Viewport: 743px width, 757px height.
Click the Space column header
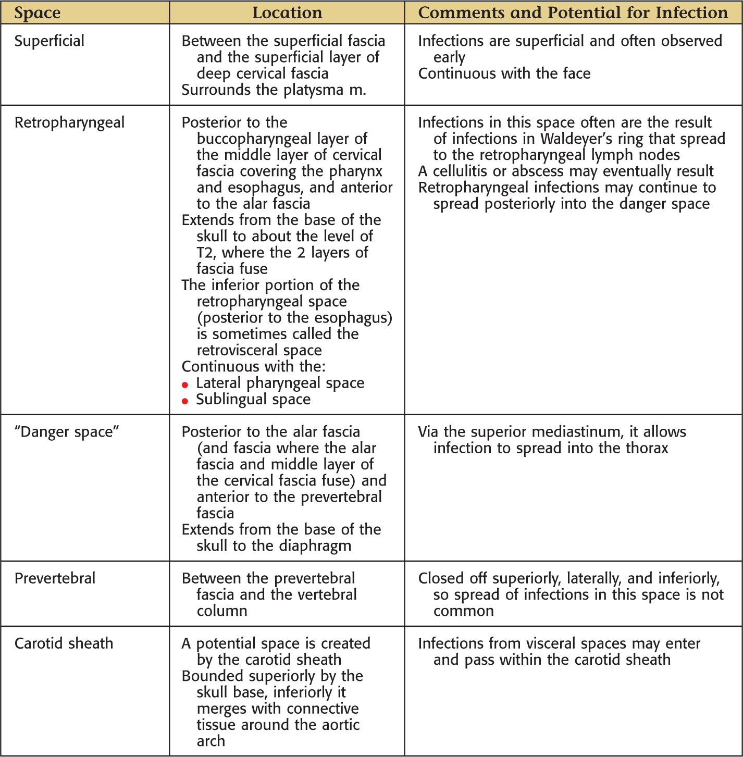tap(37, 13)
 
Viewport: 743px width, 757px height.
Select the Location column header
tap(287, 13)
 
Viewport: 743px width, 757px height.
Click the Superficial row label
tap(49, 41)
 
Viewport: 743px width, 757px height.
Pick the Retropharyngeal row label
tap(69, 122)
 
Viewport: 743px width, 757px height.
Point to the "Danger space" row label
tap(67, 432)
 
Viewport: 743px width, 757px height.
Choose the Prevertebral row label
tap(55, 578)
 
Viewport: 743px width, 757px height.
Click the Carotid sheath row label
tap(64, 643)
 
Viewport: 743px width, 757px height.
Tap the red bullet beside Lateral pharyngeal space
tap(185, 385)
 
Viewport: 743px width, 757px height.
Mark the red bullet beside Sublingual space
tap(185, 401)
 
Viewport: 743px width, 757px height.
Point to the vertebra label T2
tap(205, 253)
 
